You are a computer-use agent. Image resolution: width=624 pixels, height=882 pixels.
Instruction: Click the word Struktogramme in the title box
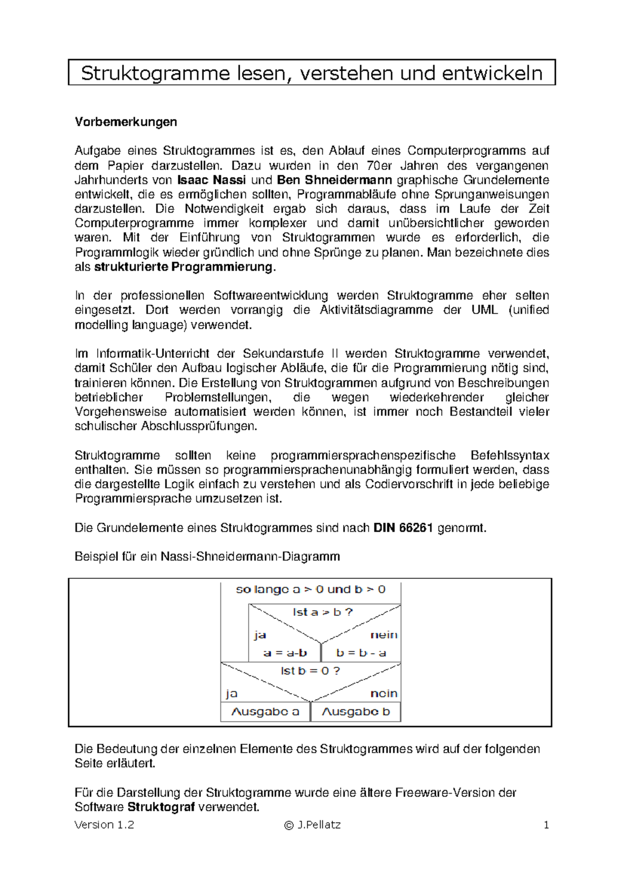[155, 73]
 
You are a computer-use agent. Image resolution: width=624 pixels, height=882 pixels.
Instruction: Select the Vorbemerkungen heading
[126, 122]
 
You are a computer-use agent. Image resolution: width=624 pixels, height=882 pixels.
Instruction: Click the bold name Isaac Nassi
[212, 180]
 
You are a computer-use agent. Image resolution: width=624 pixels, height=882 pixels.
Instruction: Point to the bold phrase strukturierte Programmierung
[183, 267]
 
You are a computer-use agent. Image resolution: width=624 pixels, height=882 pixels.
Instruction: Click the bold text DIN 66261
[404, 528]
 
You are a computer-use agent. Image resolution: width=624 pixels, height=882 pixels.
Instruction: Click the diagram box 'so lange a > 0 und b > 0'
[310, 590]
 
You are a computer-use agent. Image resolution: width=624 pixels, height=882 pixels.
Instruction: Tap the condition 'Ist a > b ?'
[322, 612]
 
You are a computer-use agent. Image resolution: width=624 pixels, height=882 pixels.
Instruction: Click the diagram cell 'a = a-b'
[285, 653]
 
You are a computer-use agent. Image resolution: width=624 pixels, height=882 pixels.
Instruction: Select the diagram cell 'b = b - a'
[361, 653]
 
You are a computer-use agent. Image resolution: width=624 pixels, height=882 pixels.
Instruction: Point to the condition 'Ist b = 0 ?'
[310, 671]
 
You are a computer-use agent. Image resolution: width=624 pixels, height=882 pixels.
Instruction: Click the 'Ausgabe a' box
[265, 711]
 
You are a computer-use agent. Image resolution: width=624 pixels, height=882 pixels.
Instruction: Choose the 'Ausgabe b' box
[356, 711]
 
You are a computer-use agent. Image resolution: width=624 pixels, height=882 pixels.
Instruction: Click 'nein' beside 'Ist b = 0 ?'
[384, 694]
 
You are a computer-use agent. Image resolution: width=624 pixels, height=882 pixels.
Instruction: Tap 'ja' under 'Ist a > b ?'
[260, 635]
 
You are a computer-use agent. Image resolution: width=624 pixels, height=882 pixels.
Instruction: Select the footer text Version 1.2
[105, 825]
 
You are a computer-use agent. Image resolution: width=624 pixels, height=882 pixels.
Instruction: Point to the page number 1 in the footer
[546, 825]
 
